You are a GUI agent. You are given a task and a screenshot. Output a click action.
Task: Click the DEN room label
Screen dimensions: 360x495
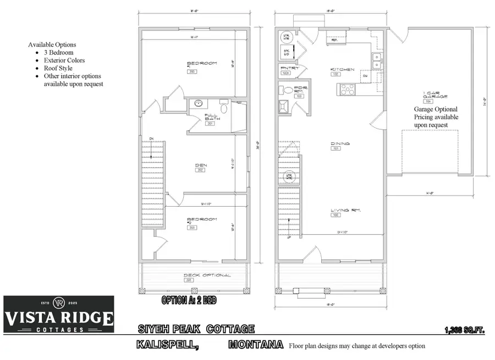point(201,164)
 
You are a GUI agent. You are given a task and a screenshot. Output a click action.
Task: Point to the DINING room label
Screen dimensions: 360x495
point(340,144)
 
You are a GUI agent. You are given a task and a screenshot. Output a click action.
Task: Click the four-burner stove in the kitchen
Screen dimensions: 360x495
point(347,88)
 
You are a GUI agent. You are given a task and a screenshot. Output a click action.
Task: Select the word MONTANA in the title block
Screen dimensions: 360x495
point(255,345)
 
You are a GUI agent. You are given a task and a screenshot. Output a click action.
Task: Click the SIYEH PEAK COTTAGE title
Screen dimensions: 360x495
point(196,329)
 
